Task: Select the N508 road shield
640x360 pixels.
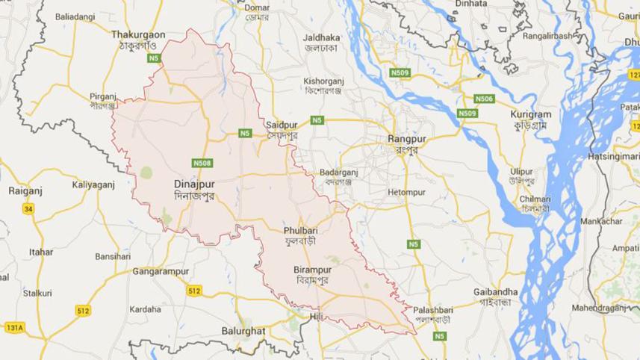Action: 202,163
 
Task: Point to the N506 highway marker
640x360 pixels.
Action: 484,99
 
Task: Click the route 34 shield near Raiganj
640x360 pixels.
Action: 28,208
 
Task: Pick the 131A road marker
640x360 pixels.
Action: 14,327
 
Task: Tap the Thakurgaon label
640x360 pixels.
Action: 138,34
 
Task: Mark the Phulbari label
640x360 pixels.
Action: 300,232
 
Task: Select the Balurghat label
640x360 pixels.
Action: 243,329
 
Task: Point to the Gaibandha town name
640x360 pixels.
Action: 495,291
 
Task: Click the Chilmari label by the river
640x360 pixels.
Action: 535,199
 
